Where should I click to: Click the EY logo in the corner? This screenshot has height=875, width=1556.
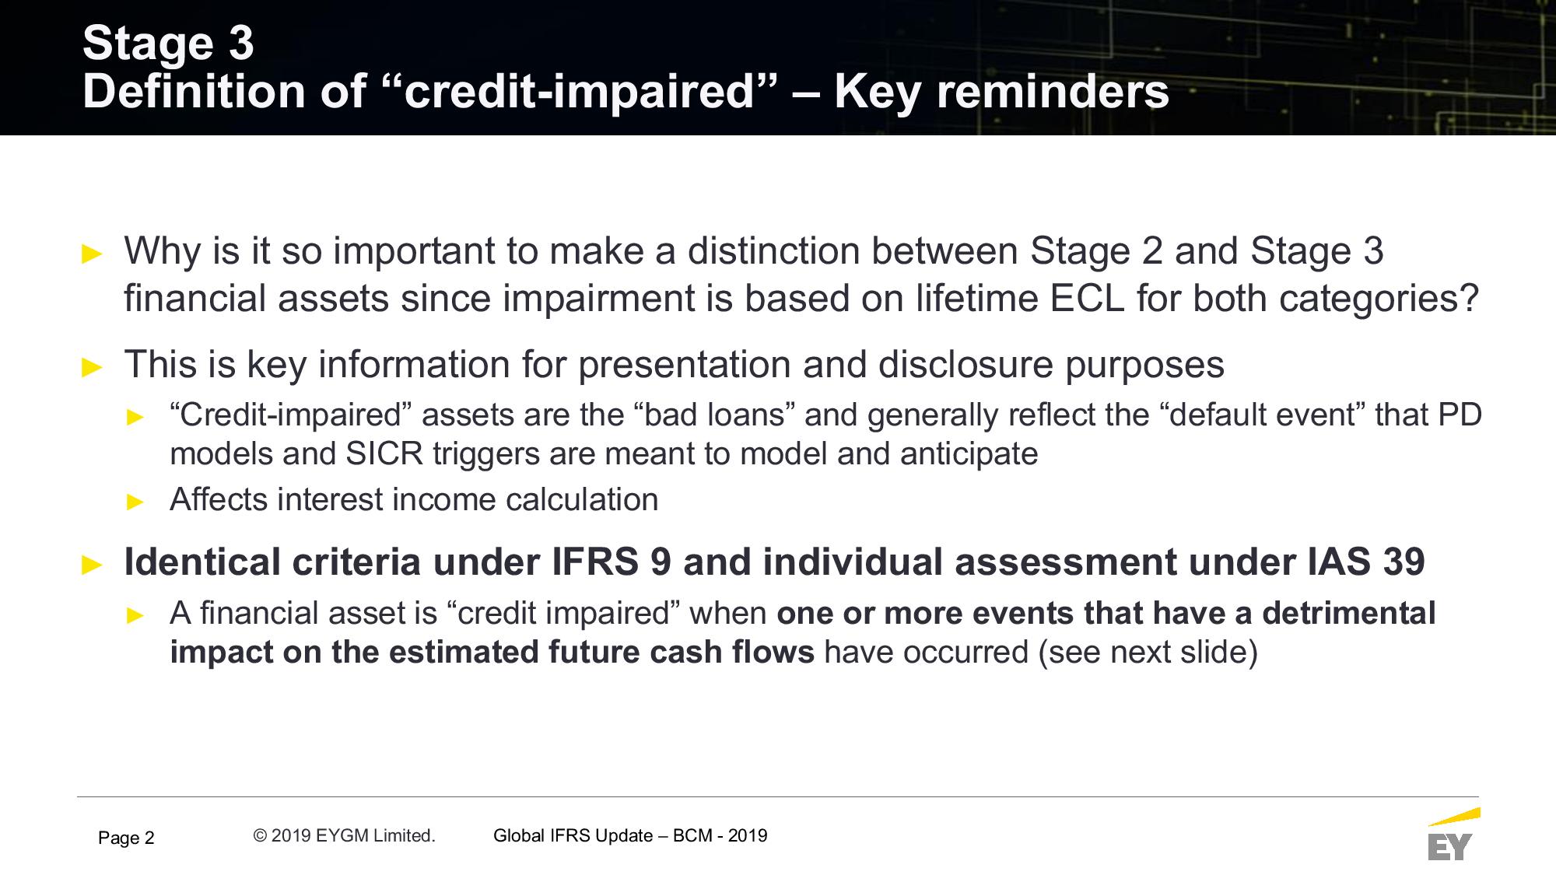click(x=1453, y=835)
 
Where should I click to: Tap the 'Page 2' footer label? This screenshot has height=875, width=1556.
click(x=126, y=838)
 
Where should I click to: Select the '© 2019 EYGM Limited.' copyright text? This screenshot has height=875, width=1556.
click(x=344, y=835)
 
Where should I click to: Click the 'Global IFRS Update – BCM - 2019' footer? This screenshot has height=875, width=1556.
click(x=630, y=835)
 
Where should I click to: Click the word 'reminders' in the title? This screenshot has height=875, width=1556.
click(x=1053, y=91)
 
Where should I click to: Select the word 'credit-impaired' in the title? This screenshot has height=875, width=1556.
click(x=580, y=91)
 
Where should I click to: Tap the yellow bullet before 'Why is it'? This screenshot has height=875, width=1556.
click(x=92, y=254)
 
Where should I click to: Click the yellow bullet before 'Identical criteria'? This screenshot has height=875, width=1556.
click(x=92, y=565)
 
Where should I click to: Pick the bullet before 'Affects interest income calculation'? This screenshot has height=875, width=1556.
click(x=135, y=502)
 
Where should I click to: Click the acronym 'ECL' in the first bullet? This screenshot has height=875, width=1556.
click(x=1087, y=299)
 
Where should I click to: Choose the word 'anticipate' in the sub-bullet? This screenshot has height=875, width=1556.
click(x=969, y=454)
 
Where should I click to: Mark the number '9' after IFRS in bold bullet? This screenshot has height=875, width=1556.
click(x=661, y=562)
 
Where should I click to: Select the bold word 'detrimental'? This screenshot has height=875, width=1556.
click(x=1349, y=613)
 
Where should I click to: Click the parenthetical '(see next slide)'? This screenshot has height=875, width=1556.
click(x=1148, y=652)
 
